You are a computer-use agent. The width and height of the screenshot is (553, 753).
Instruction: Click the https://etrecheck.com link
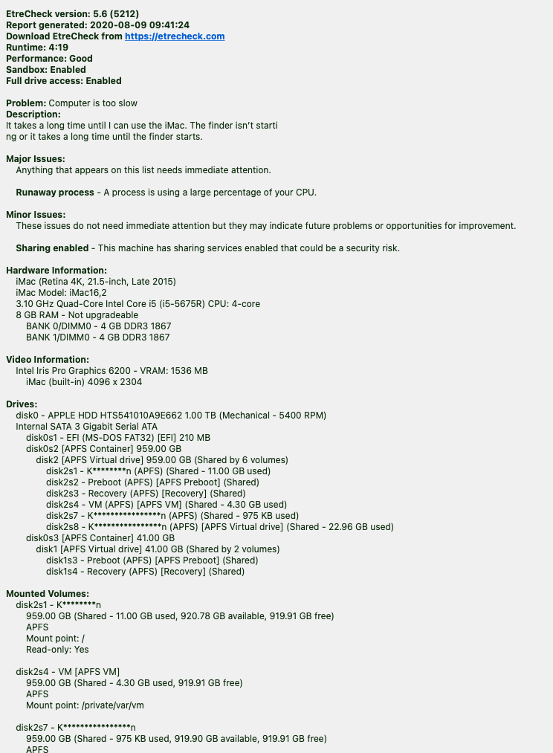175,36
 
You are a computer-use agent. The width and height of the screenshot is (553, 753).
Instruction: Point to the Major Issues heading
35,159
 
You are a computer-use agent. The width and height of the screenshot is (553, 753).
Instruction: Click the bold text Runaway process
55,193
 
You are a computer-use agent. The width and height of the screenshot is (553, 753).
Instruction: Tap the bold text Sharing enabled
53,248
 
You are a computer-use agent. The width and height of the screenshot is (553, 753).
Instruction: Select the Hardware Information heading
56,271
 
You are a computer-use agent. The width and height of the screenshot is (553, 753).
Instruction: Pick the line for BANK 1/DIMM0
97,337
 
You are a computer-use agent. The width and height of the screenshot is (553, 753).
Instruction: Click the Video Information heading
48,360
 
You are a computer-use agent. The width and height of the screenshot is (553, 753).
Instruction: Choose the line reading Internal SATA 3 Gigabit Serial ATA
91,427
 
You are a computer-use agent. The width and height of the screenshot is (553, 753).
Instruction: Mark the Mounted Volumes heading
48,594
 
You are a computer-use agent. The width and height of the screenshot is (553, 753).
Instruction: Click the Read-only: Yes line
57,650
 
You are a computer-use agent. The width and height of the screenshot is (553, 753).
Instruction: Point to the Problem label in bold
26,103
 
